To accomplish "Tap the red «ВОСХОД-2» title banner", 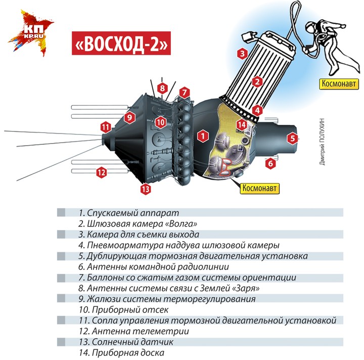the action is coord(121,43).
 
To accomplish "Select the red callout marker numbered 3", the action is coord(242,54).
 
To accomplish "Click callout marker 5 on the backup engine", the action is coord(293,139).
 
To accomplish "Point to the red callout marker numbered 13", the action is coord(146,189).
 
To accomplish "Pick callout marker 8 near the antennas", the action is coord(162,88).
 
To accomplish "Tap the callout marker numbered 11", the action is coord(106,127).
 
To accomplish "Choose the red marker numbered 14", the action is coord(242,125).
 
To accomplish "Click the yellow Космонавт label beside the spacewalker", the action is coord(339,84).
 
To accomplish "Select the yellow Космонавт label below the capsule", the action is coord(259,188).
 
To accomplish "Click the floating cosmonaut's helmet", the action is coord(310,28).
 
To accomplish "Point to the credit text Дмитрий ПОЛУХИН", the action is coord(322,142).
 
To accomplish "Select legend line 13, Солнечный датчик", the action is coord(126,342).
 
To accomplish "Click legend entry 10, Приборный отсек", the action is coord(123,309).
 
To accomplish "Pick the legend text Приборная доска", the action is coord(128,353).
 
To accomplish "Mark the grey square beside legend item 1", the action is coord(61,212).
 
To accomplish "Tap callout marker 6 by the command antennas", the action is coord(270,163).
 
